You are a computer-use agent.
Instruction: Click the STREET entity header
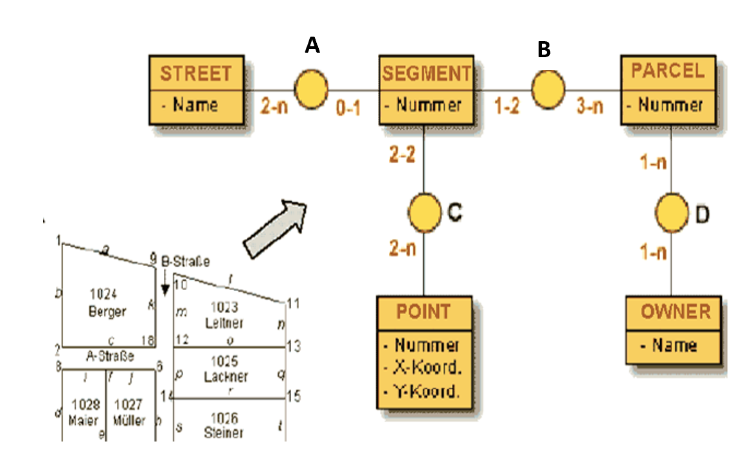[x=195, y=73]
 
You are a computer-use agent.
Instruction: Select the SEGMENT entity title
[x=427, y=74]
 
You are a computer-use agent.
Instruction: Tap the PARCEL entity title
[x=667, y=71]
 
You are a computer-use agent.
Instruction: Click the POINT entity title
[x=424, y=312]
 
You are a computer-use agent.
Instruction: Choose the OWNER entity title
[x=676, y=312]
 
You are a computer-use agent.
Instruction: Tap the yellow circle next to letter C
[x=425, y=211]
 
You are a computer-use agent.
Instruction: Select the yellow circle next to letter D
[x=672, y=211]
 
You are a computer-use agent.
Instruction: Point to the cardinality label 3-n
[x=589, y=107]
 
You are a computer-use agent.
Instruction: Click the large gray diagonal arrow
[x=274, y=228]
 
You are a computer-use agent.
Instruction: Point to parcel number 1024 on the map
[x=103, y=295]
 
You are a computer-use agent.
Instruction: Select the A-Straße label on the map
[x=110, y=355]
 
